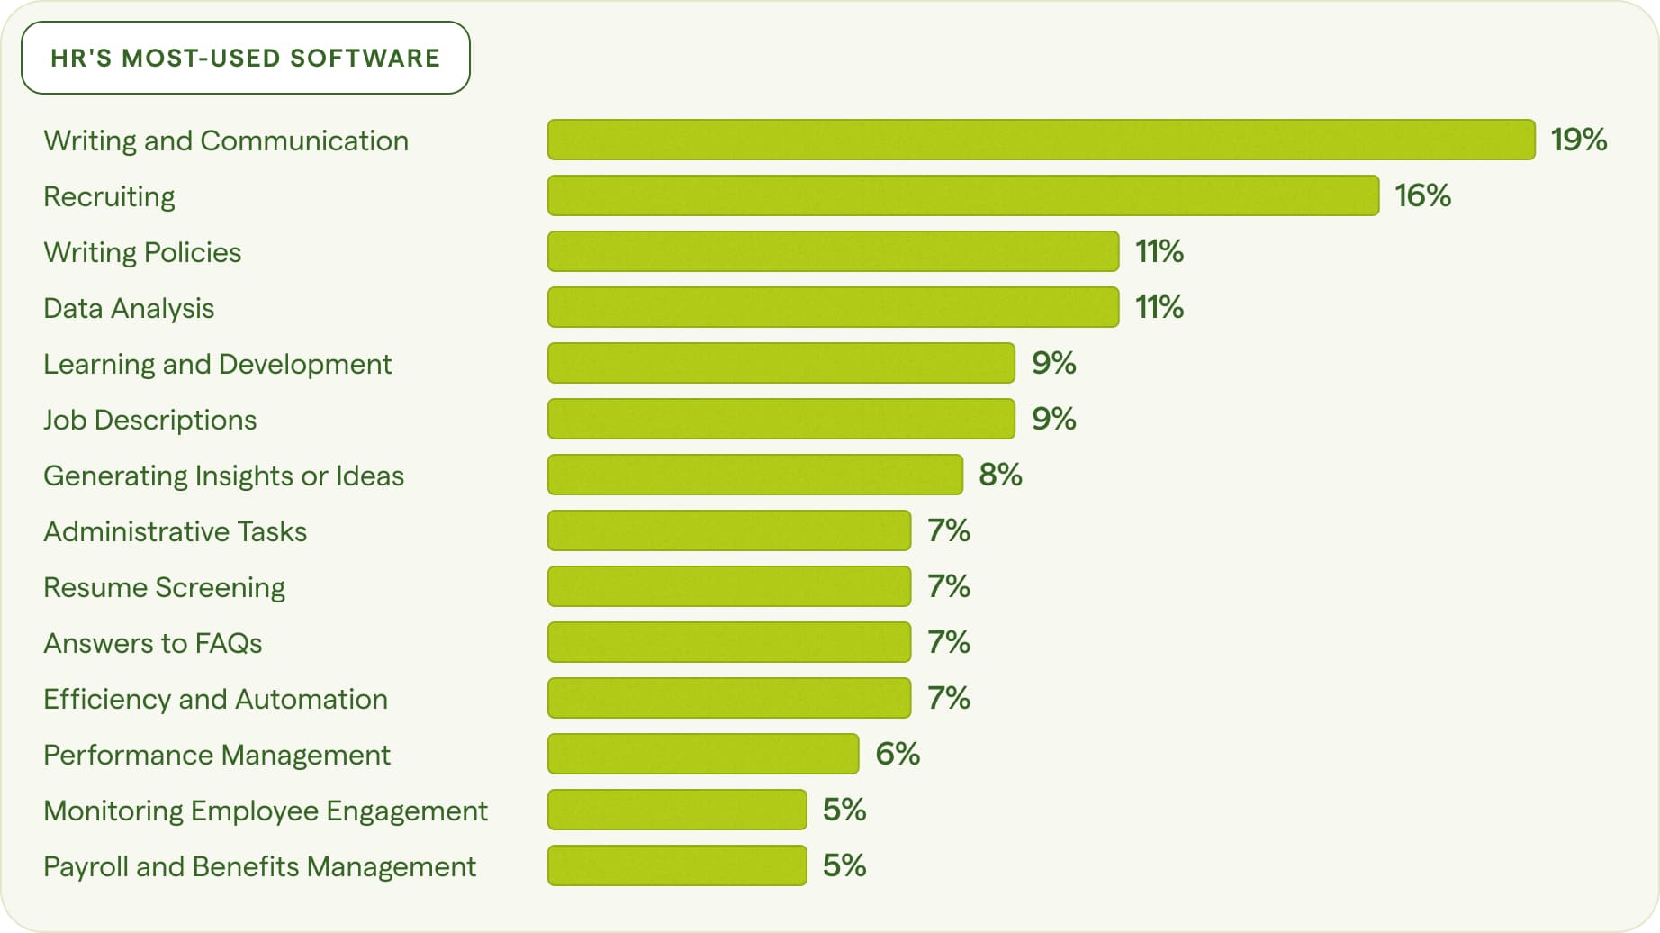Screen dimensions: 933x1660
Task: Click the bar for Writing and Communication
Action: tap(1041, 140)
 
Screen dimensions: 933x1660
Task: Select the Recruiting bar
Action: tap(963, 195)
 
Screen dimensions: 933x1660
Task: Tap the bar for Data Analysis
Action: tap(833, 307)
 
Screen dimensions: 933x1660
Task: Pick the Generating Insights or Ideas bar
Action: tap(754, 475)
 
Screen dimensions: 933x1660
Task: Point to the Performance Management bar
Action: tap(703, 754)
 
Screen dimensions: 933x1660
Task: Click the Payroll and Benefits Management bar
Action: tap(677, 865)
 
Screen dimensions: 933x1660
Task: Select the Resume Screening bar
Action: tap(729, 586)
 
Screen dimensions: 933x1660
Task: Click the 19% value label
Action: tap(1578, 140)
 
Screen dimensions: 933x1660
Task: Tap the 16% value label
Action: tap(1422, 195)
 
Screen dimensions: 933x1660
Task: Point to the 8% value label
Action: tap(1000, 475)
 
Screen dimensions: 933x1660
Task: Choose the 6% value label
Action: tap(898, 754)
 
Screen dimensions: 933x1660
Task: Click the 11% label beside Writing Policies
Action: tap(1159, 251)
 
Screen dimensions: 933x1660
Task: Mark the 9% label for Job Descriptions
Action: tap(1053, 419)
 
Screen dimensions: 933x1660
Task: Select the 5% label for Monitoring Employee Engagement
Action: tap(844, 810)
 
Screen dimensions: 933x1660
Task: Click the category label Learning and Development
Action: tap(217, 364)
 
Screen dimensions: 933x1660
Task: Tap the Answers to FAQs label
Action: tap(152, 643)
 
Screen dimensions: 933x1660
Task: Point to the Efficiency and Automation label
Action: tap(215, 699)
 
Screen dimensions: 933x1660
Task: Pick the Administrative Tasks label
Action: tap(175, 531)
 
